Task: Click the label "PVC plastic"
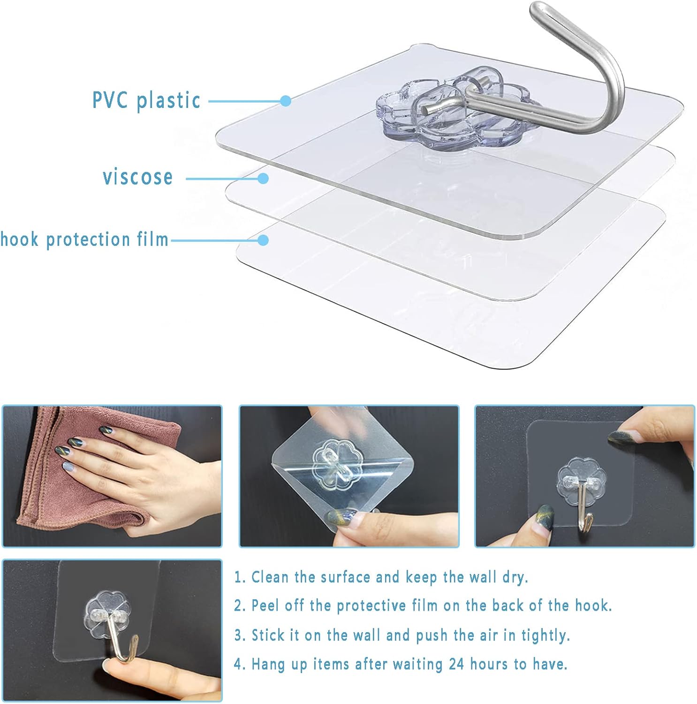point(146,100)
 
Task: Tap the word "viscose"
point(138,177)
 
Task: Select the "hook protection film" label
point(84,239)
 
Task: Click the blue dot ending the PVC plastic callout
point(286,101)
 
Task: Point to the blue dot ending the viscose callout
point(263,178)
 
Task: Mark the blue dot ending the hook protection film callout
point(263,240)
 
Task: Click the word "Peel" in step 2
point(264,605)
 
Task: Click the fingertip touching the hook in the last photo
point(113,666)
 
